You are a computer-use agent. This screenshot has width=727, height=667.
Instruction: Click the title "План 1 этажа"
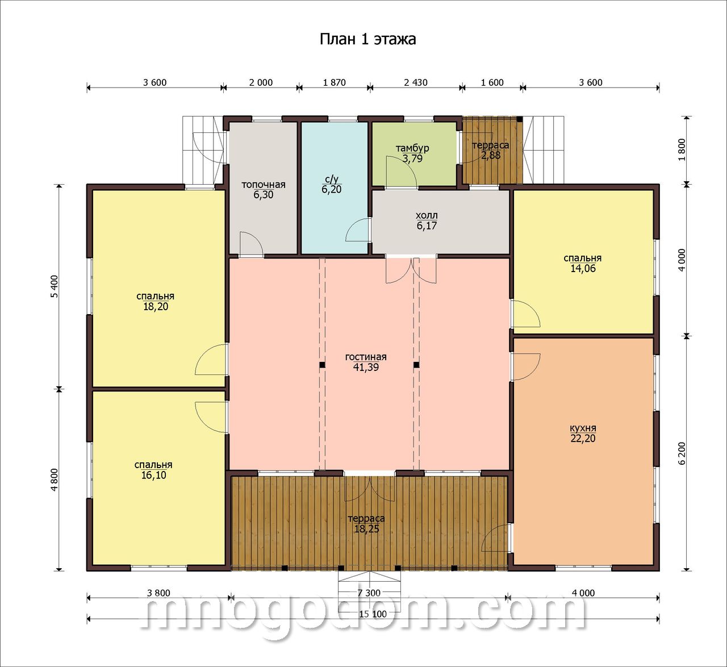point(367,40)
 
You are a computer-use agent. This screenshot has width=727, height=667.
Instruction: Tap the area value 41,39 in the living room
point(366,368)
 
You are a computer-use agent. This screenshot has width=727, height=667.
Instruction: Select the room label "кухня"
point(583,428)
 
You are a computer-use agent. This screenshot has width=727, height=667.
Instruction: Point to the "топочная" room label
point(264,185)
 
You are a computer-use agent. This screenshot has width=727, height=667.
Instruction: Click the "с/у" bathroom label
point(331,179)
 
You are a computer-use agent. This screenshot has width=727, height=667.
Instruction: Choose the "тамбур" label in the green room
point(412,148)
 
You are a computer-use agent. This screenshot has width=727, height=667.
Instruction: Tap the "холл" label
point(427,216)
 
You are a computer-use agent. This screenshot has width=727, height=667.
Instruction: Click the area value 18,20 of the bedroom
point(156,307)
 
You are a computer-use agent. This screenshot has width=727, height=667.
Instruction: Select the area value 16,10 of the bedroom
point(154,476)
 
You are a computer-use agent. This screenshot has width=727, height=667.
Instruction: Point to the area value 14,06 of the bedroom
point(583,269)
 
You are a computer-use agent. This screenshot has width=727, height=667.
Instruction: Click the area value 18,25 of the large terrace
point(367,529)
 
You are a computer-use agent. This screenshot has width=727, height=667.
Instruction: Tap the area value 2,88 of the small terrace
point(491,156)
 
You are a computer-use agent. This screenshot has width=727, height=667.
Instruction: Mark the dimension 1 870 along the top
point(334,83)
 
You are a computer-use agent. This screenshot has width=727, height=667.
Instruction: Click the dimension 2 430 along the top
point(416,83)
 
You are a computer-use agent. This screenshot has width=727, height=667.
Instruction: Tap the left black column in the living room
point(322,365)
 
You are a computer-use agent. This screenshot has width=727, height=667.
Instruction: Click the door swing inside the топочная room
point(251,244)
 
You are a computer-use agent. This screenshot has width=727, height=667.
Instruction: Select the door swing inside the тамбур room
point(401,172)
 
